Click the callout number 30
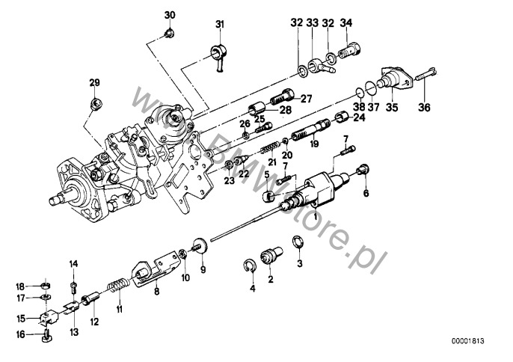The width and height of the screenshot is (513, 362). pyautogui.click(x=170, y=15)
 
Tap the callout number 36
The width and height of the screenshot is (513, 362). pyautogui.click(x=425, y=106)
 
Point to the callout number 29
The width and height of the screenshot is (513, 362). pyautogui.click(x=94, y=82)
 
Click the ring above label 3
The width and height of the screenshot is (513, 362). pyautogui.click(x=297, y=241)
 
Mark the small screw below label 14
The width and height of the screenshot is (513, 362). pyautogui.click(x=74, y=285)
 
